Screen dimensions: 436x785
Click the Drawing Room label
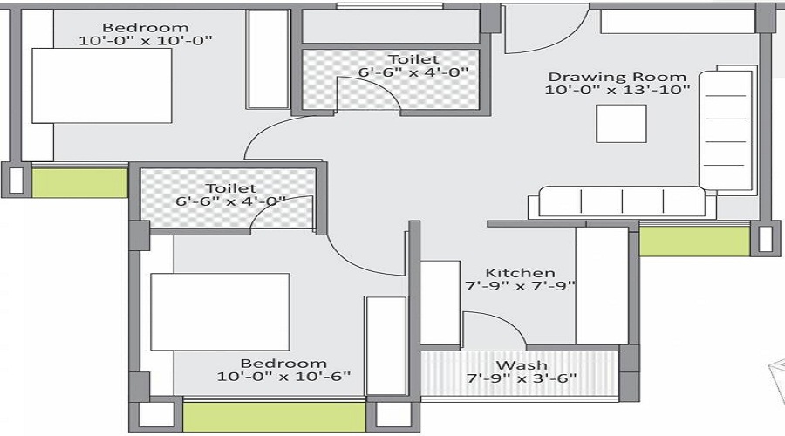(617, 76)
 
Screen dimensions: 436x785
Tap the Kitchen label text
(520, 272)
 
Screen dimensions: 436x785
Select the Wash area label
(522, 364)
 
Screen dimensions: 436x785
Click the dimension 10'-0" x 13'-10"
(618, 90)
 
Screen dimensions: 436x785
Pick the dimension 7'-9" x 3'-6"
(522, 378)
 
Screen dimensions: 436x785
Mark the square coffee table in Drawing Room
(621, 123)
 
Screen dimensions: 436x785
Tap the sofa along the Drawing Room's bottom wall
(621, 202)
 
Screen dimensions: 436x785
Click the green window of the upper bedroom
(79, 183)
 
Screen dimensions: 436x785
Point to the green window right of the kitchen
(694, 241)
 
